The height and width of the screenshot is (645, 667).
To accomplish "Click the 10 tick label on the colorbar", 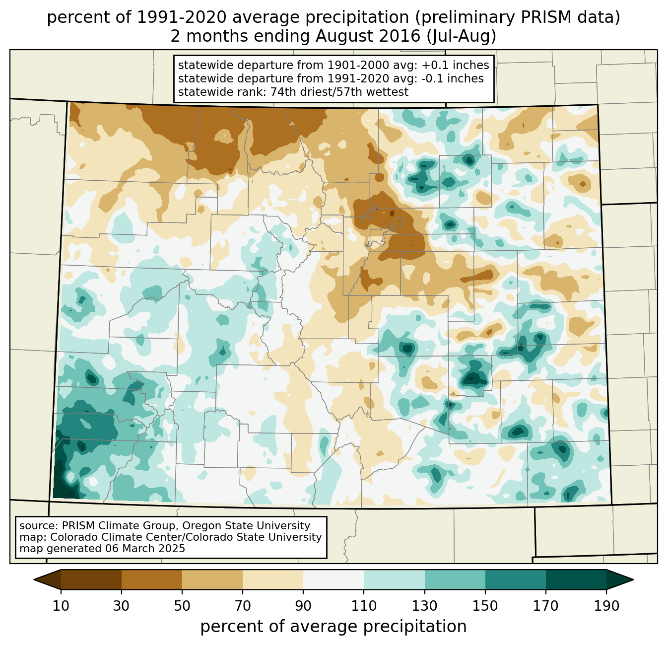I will (x=61, y=606).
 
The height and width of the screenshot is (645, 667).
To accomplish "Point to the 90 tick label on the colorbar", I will (x=303, y=606).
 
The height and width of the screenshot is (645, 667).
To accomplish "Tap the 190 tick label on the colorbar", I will (x=606, y=606).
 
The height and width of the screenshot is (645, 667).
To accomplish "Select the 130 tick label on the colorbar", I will (x=425, y=606).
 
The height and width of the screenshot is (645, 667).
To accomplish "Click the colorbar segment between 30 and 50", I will (x=152, y=579).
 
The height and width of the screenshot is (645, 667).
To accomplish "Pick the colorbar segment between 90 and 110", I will (x=333, y=579).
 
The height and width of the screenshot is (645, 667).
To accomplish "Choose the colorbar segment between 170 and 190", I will (x=576, y=579).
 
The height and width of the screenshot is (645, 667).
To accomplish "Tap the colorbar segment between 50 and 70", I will (x=212, y=579).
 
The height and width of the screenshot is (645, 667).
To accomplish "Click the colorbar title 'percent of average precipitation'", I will (x=333, y=627).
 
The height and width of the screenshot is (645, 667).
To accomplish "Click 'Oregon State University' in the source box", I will (x=251, y=526).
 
